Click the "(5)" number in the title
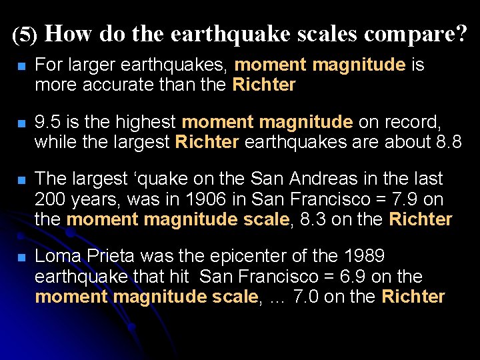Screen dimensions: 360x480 point(25,35)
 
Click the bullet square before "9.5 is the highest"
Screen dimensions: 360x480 point(21,124)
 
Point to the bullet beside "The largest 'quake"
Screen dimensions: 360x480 point(21,181)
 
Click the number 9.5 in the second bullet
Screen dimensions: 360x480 point(47,122)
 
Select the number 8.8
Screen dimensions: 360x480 point(447,142)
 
